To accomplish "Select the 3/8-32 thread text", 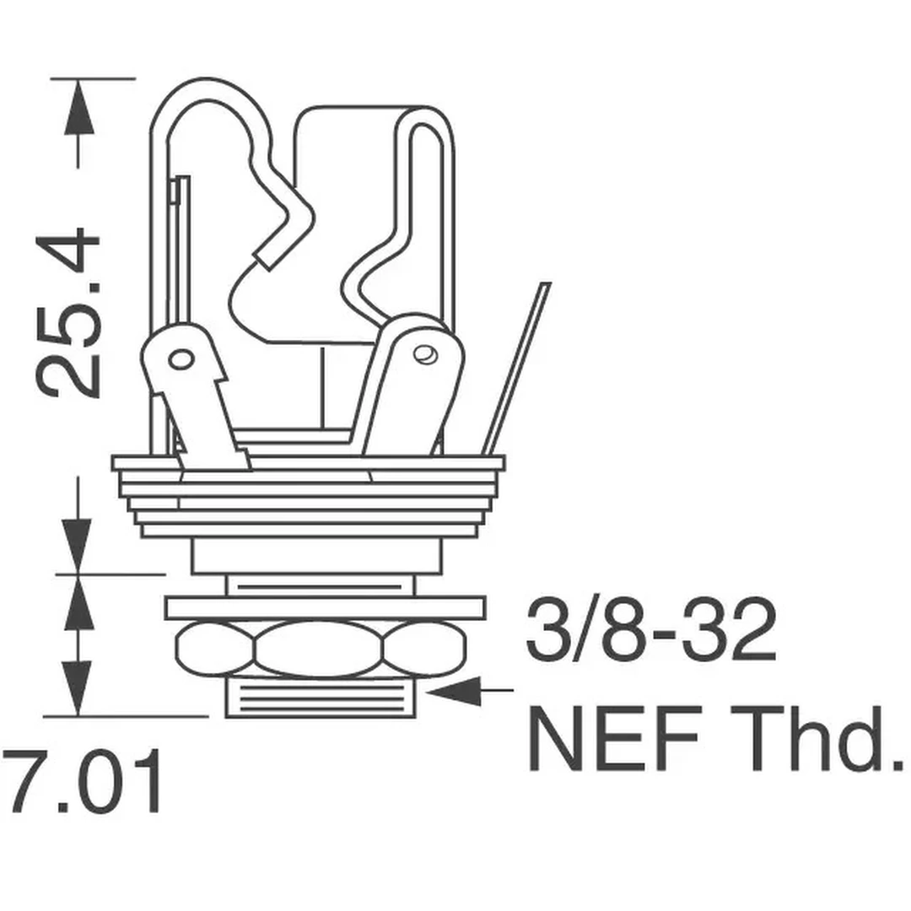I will point(650,631).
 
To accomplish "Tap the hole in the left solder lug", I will point(180,360).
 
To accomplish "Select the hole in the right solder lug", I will point(423,353).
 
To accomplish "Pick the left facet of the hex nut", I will point(216,647).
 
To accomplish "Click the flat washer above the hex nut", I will point(325,607).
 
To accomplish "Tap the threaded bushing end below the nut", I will point(321,699).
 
